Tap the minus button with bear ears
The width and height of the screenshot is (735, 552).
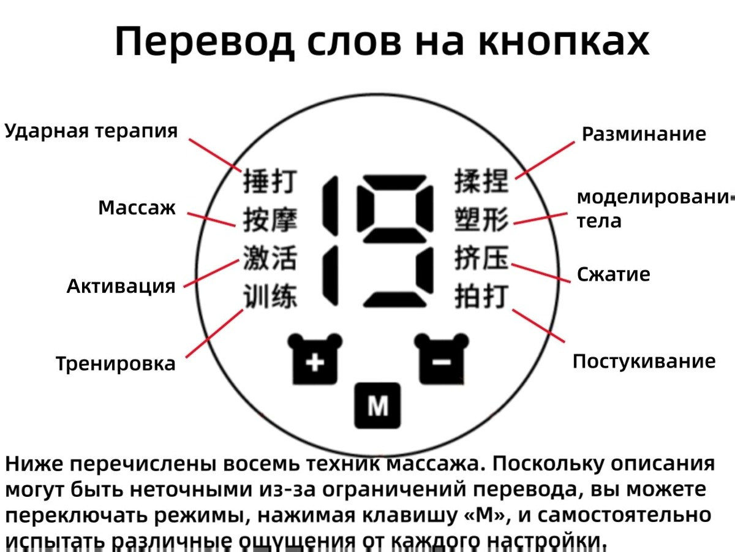click(x=442, y=361)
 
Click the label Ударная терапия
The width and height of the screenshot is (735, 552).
click(x=91, y=130)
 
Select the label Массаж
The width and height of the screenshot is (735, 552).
click(x=137, y=208)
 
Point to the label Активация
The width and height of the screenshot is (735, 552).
click(x=121, y=285)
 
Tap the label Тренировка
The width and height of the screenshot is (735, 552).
click(x=115, y=363)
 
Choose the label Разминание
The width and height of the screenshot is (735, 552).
click(x=643, y=134)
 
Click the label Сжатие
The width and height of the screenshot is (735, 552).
click(x=613, y=274)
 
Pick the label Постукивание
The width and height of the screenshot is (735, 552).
click(x=644, y=361)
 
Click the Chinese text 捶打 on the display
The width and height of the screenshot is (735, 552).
click(x=269, y=182)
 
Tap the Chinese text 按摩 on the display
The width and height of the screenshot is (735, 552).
click(x=269, y=220)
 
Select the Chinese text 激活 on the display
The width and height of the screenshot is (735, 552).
click(x=269, y=258)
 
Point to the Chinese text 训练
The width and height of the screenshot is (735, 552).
click(x=269, y=296)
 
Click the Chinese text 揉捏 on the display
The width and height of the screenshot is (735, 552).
click(x=481, y=182)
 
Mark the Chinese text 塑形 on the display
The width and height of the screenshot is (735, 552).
click(x=481, y=220)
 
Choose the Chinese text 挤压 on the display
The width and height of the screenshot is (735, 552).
click(x=481, y=258)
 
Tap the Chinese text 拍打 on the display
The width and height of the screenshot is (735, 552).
click(x=481, y=296)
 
